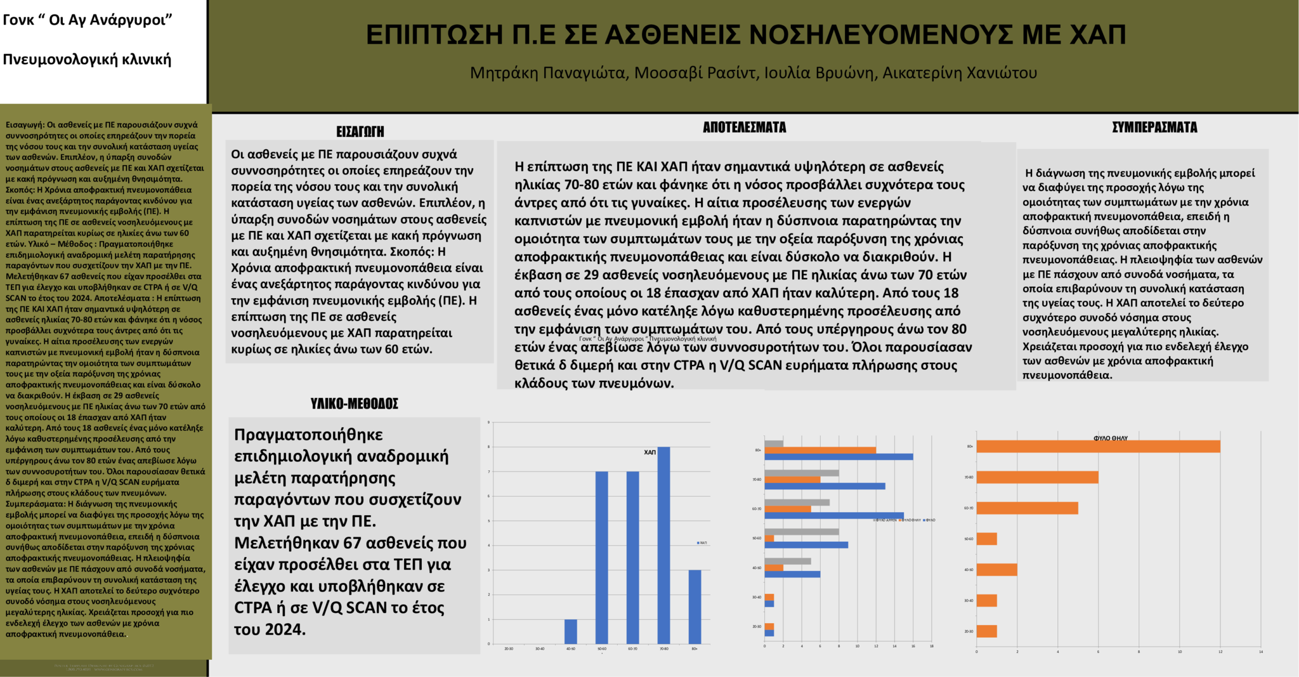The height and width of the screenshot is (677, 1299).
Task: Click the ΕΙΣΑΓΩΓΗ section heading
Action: point(360,131)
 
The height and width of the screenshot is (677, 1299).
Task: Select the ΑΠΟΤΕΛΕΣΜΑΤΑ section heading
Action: point(744,128)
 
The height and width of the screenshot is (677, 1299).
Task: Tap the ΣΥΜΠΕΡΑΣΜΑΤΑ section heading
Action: point(1154,128)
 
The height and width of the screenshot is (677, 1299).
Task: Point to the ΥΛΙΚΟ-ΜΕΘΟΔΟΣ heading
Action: point(354,404)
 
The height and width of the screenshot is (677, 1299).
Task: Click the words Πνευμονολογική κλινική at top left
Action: point(87,60)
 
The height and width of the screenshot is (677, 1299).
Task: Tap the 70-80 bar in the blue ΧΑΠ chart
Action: point(663,545)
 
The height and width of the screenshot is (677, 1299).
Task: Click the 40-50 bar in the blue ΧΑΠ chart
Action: point(571,631)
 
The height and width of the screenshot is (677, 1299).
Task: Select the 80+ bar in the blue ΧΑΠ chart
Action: point(695,607)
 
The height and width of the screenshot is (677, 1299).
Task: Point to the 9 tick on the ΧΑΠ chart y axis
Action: point(488,422)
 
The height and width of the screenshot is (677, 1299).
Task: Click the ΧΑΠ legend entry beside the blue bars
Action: point(702,543)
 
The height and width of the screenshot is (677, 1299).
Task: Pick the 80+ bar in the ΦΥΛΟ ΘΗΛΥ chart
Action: point(1097,447)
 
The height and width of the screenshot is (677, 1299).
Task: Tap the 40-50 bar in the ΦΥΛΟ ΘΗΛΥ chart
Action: point(996,570)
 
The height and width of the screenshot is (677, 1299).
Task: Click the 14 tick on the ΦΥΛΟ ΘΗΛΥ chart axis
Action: point(1260,652)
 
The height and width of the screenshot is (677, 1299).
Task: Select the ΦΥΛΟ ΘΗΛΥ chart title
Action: point(1110,438)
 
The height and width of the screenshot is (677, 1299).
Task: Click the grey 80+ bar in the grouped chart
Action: point(773,444)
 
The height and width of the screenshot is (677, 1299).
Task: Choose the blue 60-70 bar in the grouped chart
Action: point(833,516)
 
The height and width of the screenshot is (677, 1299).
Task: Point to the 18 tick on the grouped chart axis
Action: point(931,647)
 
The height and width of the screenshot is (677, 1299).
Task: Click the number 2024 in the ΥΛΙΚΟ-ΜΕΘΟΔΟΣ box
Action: point(285,629)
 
